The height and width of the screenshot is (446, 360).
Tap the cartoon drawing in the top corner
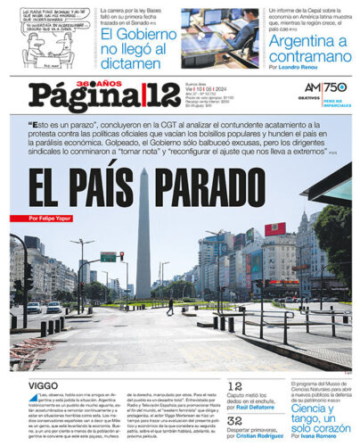click(x=45, y=34)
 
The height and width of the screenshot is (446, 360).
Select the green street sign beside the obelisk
click(x=107, y=257)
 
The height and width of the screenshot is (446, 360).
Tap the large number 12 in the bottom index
click(x=234, y=386)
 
